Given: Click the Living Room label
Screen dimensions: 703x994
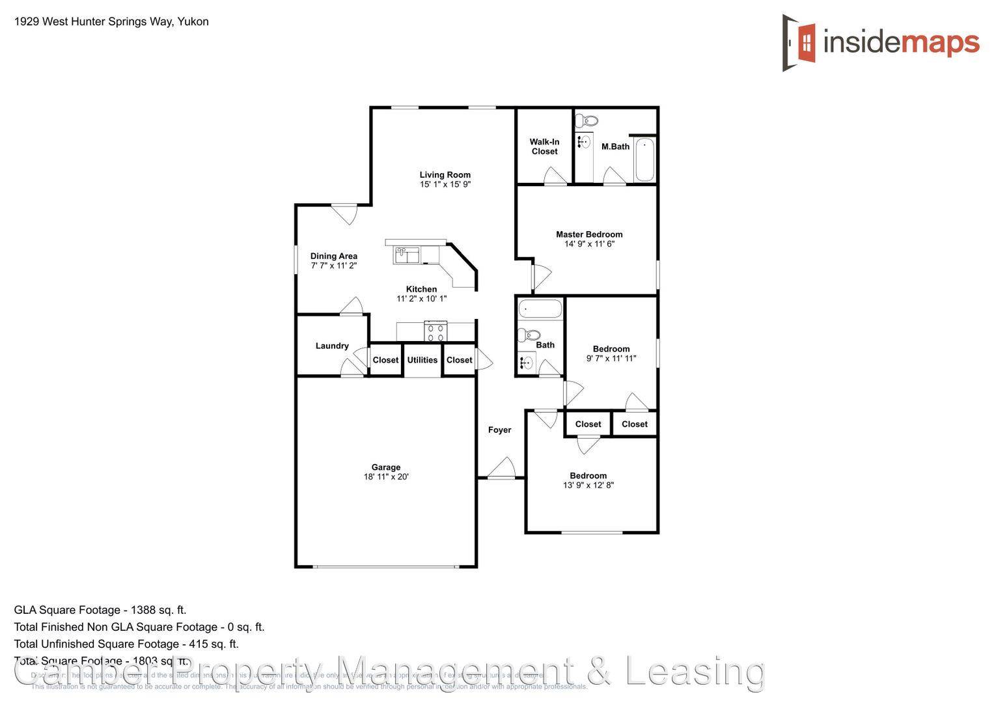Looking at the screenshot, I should (445, 174).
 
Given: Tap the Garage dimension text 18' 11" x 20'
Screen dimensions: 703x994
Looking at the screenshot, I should (386, 477).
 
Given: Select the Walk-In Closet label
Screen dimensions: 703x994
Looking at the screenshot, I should (544, 146).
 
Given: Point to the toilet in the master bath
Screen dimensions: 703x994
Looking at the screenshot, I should (590, 120).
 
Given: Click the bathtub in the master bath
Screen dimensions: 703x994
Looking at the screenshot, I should (644, 159).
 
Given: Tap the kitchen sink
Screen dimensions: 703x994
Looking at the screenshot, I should (407, 255).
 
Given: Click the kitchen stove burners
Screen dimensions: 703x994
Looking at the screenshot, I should (435, 333).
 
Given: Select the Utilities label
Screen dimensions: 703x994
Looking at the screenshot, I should (422, 360).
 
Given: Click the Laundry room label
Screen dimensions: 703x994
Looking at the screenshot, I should (332, 346).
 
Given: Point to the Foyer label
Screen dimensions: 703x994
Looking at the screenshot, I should (500, 430).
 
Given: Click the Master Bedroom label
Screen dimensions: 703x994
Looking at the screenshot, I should (589, 234).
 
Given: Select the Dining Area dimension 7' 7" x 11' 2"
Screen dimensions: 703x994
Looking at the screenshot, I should (334, 266).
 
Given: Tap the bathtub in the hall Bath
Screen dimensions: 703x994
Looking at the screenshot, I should (539, 309).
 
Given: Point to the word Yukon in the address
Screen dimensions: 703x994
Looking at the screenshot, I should (193, 21).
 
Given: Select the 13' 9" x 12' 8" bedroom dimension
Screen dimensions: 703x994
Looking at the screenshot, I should (588, 485).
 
